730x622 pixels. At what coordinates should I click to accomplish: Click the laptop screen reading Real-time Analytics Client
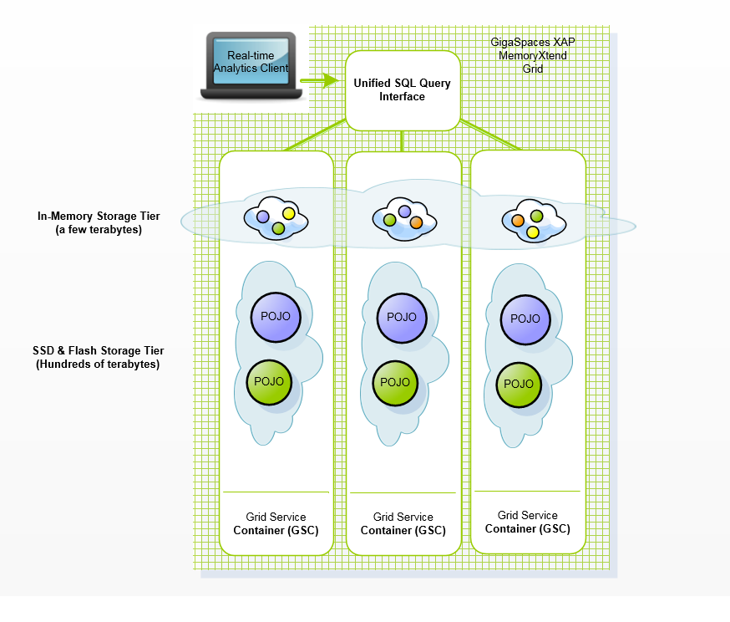point(251,61)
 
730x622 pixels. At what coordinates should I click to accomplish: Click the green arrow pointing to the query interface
point(317,81)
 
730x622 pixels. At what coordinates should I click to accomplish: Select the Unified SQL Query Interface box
point(403,90)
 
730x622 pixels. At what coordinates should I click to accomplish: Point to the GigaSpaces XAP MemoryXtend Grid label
point(533,55)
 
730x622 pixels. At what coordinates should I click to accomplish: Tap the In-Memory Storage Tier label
point(99,222)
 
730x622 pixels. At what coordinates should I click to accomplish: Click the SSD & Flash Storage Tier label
point(90,358)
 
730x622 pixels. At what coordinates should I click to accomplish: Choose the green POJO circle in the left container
point(272,381)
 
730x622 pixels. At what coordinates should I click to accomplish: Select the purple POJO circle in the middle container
point(402,317)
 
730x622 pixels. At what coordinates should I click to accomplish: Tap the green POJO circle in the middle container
point(395,382)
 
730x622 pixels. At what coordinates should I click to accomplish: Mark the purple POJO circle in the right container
point(525,319)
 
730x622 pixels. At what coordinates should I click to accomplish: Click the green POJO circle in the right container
point(519,384)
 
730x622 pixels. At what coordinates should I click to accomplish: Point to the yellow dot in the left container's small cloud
point(289,213)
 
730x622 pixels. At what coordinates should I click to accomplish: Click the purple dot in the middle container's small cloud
point(405,211)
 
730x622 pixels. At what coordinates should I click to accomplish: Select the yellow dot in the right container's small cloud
point(532,232)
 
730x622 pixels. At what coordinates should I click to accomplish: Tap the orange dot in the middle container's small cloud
point(416,222)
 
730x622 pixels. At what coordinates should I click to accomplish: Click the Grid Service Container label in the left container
point(276,523)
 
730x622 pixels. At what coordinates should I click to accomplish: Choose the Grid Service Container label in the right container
point(528,522)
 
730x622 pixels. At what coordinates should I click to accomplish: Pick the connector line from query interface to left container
point(316,136)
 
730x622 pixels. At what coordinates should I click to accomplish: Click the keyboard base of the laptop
point(250,92)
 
